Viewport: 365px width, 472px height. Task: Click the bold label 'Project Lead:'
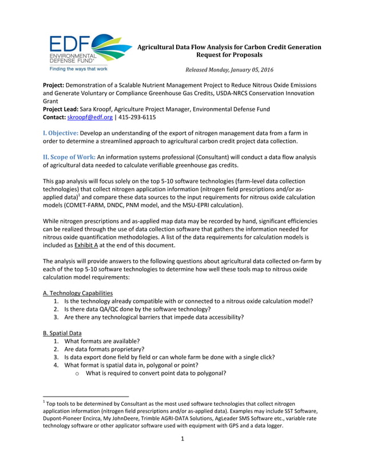click(x=66, y=109)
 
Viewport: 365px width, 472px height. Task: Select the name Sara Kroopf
click(x=109, y=109)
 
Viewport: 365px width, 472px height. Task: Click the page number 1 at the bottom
click(x=182, y=455)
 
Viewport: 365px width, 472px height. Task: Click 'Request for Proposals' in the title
click(x=229, y=55)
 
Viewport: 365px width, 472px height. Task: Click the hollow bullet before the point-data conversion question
click(x=77, y=373)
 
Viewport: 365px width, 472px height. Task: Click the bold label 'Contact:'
click(x=55, y=117)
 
